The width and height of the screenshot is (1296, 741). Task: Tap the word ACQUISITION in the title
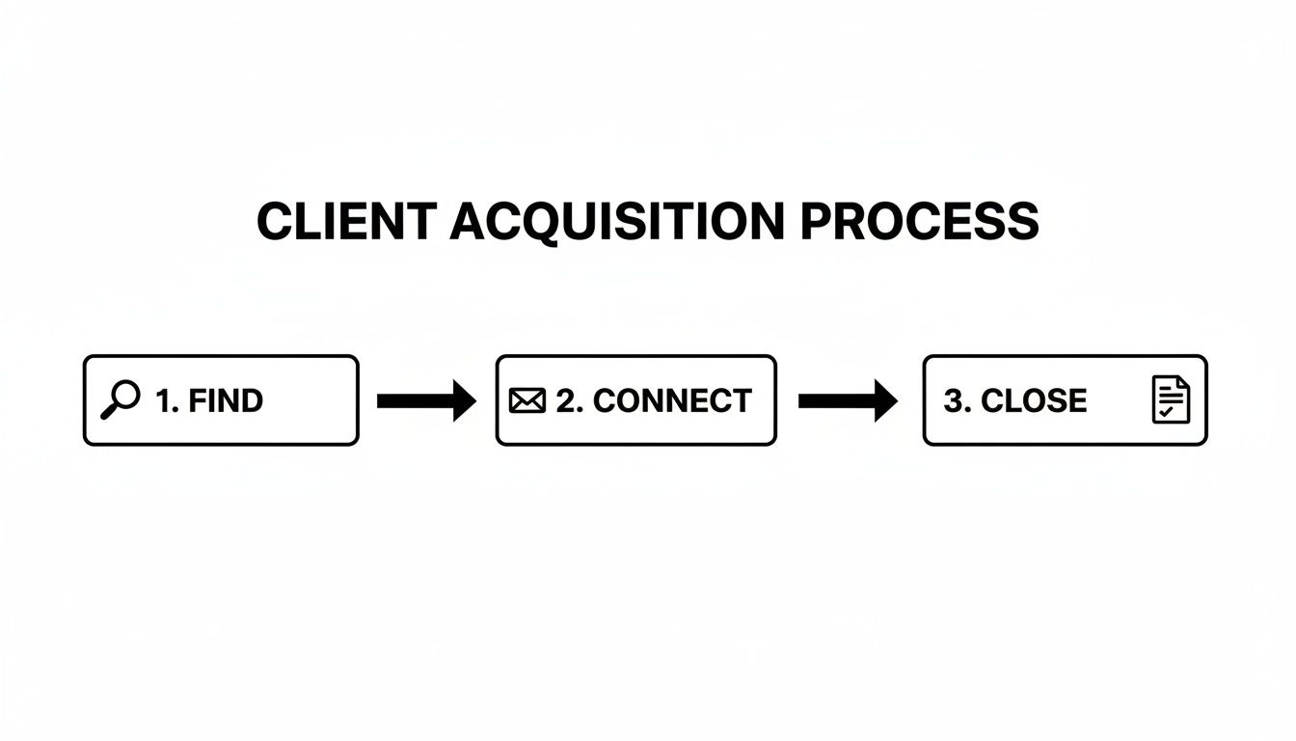pyautogui.click(x=617, y=223)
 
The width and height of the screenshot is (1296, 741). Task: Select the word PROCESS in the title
pyautogui.click(x=919, y=223)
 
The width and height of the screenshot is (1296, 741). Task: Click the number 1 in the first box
pyautogui.click(x=164, y=400)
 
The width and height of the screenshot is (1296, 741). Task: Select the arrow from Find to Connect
pyautogui.click(x=425, y=400)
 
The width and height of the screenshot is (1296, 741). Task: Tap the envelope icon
pyautogui.click(x=526, y=400)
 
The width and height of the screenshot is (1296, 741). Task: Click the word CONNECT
pyautogui.click(x=672, y=400)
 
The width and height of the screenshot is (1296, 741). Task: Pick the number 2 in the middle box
pyautogui.click(x=565, y=400)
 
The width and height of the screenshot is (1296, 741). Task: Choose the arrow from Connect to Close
pyautogui.click(x=847, y=400)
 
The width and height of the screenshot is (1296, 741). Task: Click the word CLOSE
pyautogui.click(x=1034, y=400)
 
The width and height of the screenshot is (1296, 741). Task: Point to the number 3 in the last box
pyautogui.click(x=953, y=400)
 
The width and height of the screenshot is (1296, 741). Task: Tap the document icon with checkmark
pyautogui.click(x=1171, y=400)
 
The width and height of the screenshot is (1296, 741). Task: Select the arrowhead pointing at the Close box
pyautogui.click(x=884, y=400)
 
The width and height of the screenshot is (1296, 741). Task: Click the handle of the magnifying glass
pyautogui.click(x=108, y=413)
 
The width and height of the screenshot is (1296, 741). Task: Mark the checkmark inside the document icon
pyautogui.click(x=1167, y=412)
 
